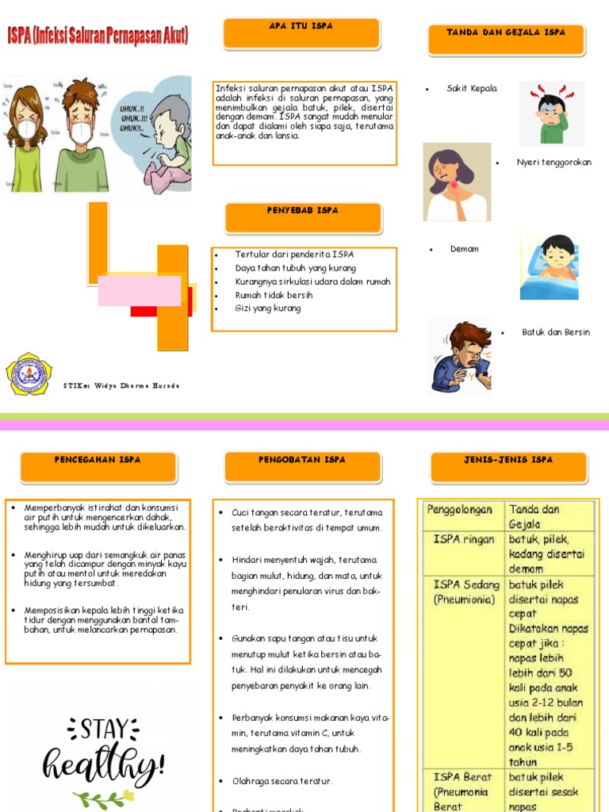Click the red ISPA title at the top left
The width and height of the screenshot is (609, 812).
[x=98, y=36]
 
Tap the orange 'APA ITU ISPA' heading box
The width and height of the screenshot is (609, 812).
[x=301, y=33]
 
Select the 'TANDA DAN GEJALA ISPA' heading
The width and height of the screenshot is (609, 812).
[x=506, y=40]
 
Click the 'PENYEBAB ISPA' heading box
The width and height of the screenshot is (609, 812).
[x=303, y=217]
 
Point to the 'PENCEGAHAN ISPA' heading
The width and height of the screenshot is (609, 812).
[x=98, y=466]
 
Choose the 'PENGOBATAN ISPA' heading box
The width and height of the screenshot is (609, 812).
[x=302, y=466]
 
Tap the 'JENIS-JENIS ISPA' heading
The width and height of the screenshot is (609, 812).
[x=508, y=466]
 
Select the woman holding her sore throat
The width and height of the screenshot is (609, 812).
[x=455, y=182]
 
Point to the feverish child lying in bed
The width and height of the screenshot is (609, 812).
[x=550, y=266]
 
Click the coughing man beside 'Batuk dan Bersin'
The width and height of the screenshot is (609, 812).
[x=459, y=356]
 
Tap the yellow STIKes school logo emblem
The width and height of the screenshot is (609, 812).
[x=29, y=374]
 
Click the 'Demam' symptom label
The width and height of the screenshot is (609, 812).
[x=464, y=249]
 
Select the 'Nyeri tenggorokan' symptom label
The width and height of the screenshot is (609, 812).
[x=553, y=163]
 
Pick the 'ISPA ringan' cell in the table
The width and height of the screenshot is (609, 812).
[x=463, y=539]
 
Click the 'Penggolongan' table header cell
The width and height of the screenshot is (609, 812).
[x=460, y=510]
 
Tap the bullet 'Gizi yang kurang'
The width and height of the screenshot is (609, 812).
[x=268, y=308]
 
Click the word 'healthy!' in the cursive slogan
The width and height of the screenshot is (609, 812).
[x=104, y=765]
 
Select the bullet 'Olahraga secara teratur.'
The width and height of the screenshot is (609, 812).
[x=282, y=781]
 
